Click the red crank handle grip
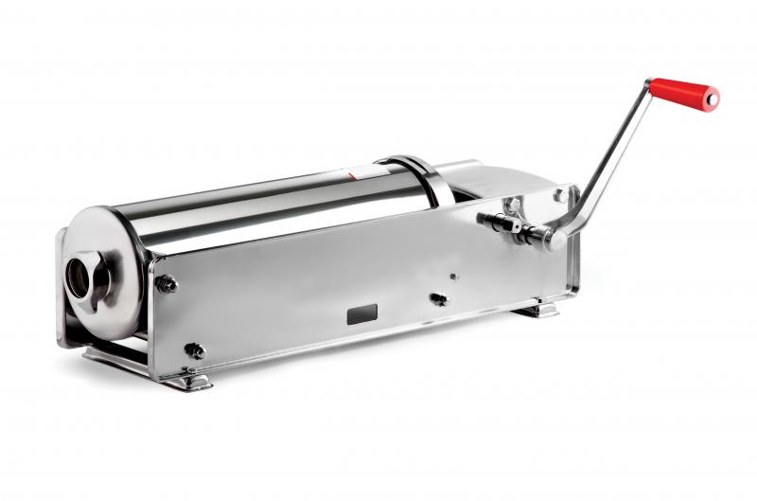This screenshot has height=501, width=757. pyautogui.click(x=682, y=92)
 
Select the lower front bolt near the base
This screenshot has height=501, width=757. pyautogui.click(x=195, y=350)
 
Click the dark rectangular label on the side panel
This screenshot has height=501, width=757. pyautogui.click(x=362, y=314)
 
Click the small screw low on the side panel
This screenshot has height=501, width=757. pyautogui.click(x=437, y=298)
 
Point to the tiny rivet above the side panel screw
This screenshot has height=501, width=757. pyautogui.click(x=453, y=277)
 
